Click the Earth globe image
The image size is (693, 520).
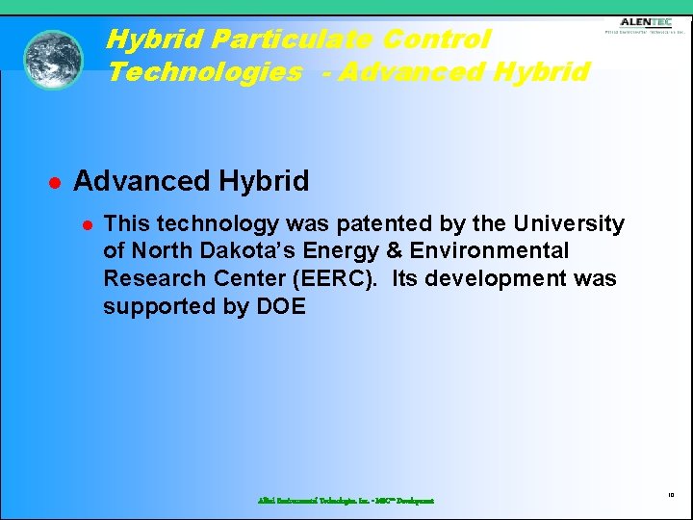(53, 60)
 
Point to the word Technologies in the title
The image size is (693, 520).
(204, 72)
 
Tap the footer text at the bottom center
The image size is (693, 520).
(346, 501)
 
